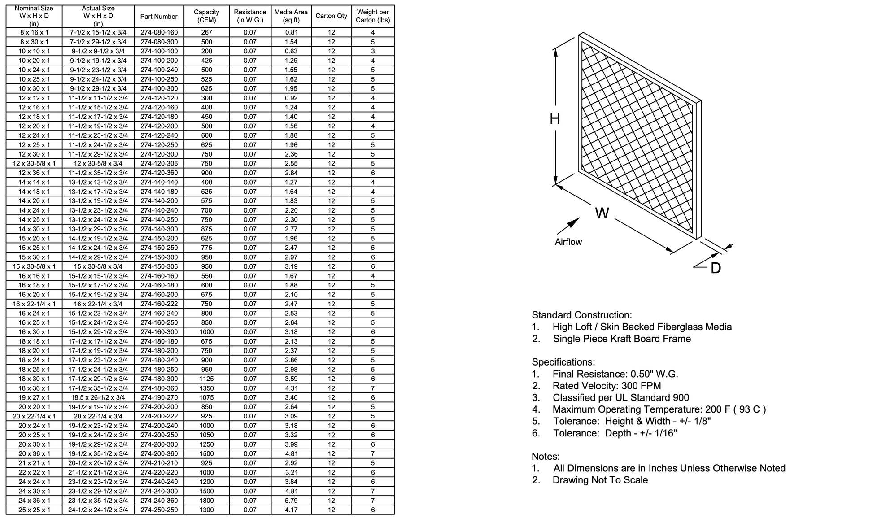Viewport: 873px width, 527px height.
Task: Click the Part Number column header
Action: pyautogui.click(x=159, y=17)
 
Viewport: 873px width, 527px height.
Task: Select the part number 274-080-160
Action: pyautogui.click(x=159, y=33)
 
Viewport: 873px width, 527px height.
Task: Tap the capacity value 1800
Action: pyautogui.click(x=206, y=501)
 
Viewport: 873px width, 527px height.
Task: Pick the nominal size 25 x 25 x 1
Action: pyautogui.click(x=34, y=510)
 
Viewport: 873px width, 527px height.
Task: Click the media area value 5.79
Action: pyautogui.click(x=291, y=501)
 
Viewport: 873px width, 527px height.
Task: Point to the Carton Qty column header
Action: pyautogui.click(x=331, y=16)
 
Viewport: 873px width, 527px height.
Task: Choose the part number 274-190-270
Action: pyautogui.click(x=159, y=398)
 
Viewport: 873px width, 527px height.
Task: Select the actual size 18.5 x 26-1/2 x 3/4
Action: pyautogui.click(x=98, y=398)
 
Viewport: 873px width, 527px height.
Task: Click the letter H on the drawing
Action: pyautogui.click(x=555, y=119)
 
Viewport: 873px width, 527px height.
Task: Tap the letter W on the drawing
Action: pyautogui.click(x=602, y=213)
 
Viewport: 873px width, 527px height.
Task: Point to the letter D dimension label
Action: pyautogui.click(x=716, y=268)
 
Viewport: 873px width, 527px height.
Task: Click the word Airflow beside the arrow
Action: pyautogui.click(x=568, y=242)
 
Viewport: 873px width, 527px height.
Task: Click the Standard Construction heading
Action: pyautogui.click(x=581, y=315)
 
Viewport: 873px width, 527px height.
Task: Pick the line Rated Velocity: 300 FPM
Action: pyautogui.click(x=607, y=386)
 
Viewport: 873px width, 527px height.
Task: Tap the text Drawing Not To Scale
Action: pyautogui.click(x=600, y=480)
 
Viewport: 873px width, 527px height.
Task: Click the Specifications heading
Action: pyautogui.click(x=563, y=362)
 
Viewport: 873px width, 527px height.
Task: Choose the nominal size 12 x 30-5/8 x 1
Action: pyautogui.click(x=34, y=164)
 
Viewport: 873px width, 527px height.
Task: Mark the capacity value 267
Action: pyautogui.click(x=206, y=33)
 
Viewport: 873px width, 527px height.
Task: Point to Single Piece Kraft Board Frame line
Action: pyautogui.click(x=621, y=339)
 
